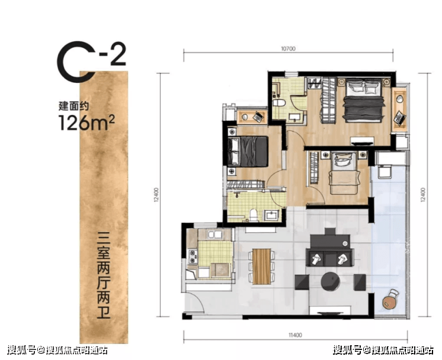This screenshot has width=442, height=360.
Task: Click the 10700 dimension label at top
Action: [x=288, y=49]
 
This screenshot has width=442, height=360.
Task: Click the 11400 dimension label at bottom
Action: [x=295, y=335]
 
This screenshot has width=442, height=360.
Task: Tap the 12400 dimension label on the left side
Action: [x=157, y=195]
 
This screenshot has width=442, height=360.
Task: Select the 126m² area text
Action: [x=87, y=123]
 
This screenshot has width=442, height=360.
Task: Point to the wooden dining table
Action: [x=262, y=266]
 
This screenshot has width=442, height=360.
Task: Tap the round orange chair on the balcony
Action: [x=390, y=300]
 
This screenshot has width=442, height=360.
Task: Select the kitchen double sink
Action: [x=214, y=234]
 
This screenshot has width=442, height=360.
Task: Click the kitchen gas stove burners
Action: [x=193, y=256]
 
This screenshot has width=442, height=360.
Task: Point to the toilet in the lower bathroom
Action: [x=254, y=214]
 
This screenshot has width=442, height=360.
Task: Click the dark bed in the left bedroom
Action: [x=248, y=151]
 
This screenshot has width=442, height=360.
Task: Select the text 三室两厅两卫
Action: [x=104, y=275]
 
